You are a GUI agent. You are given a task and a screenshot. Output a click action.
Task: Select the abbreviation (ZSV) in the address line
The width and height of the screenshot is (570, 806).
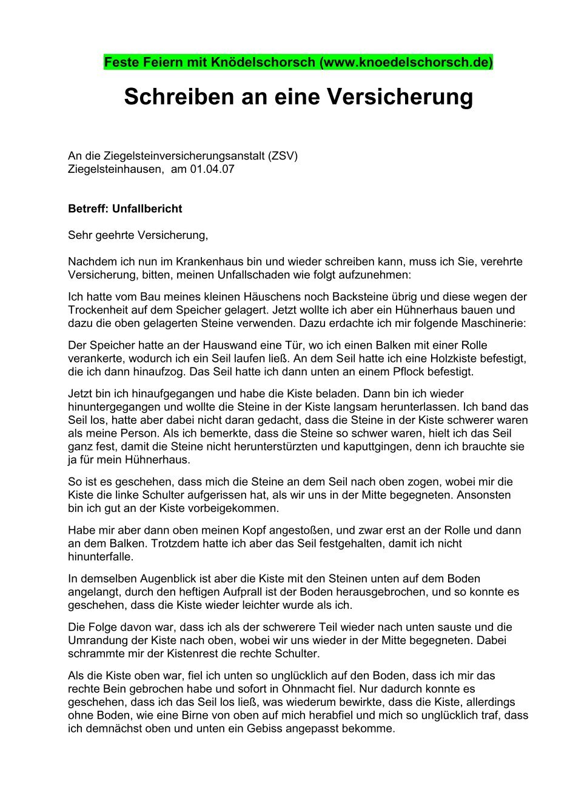[283, 156]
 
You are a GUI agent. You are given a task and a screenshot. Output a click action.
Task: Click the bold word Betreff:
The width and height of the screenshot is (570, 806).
[89, 209]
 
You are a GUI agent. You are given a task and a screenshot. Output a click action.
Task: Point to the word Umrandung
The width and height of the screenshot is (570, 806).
[97, 640]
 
